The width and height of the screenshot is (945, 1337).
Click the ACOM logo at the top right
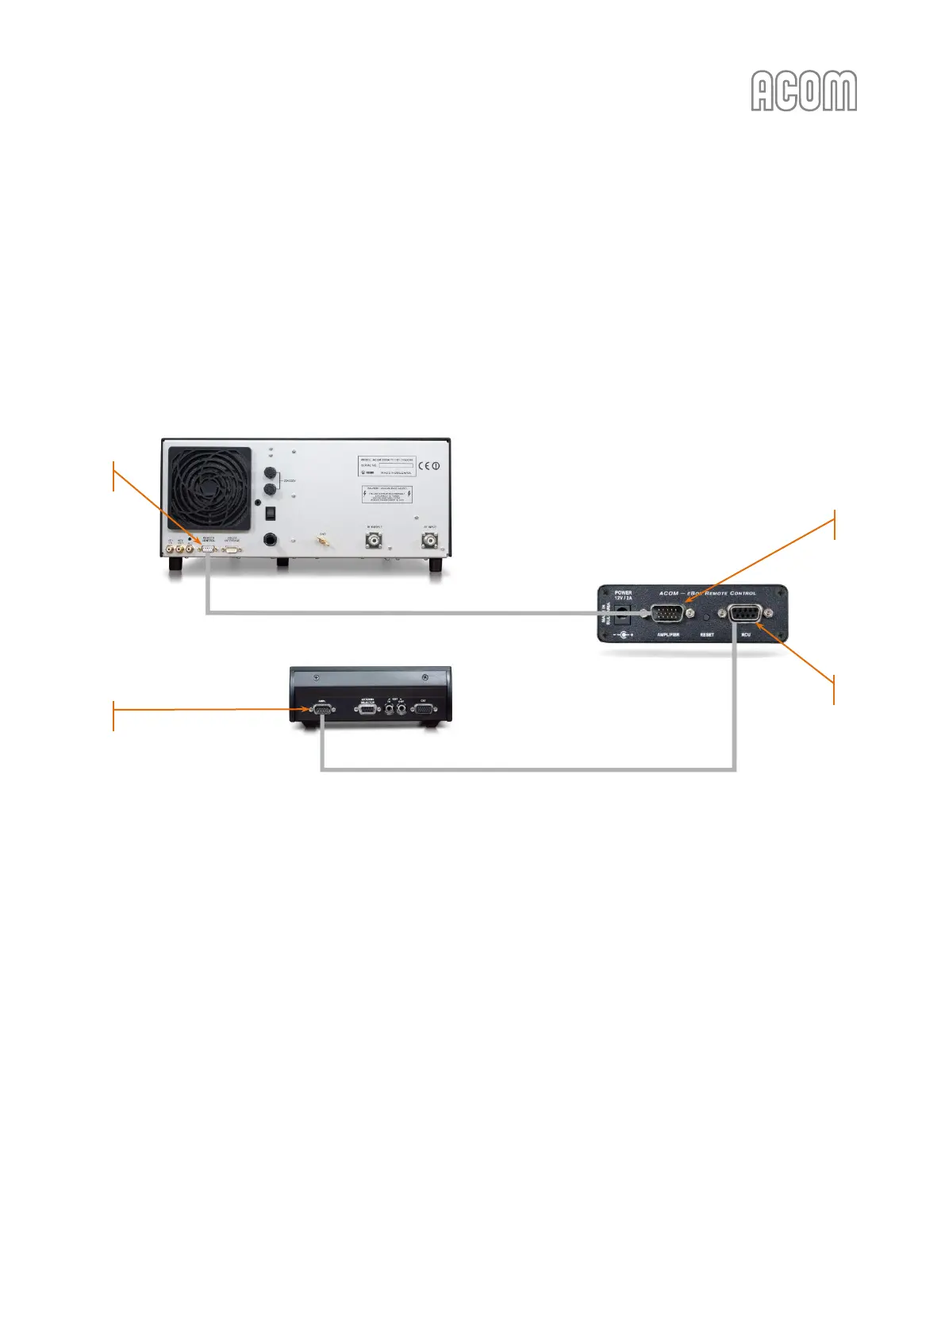[804, 91]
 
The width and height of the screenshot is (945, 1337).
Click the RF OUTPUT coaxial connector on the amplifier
[374, 541]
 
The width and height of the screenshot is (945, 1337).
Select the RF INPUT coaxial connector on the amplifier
[430, 541]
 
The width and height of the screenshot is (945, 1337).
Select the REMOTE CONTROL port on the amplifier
[208, 547]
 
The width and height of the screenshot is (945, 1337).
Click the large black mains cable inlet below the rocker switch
[271, 541]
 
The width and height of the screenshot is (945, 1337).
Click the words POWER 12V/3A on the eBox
[624, 595]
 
